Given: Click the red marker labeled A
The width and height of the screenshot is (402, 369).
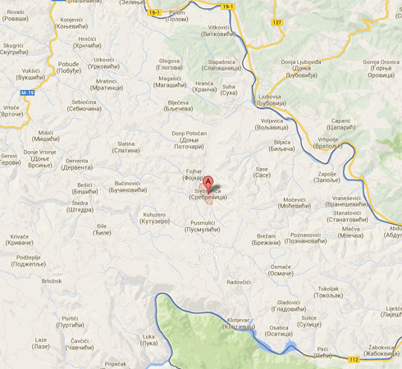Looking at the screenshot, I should point(208,184).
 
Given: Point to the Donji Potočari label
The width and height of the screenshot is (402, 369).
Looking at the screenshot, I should point(189,137).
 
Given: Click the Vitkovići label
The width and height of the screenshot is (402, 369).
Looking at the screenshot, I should point(213,32).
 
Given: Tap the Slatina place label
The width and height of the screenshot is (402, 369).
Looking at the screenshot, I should point(126,148).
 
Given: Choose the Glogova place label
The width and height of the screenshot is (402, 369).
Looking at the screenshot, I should point(170,65).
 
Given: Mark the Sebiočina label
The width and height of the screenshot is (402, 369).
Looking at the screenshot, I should point(85,106).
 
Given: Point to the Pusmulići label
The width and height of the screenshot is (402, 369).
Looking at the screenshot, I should point(203,226).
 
